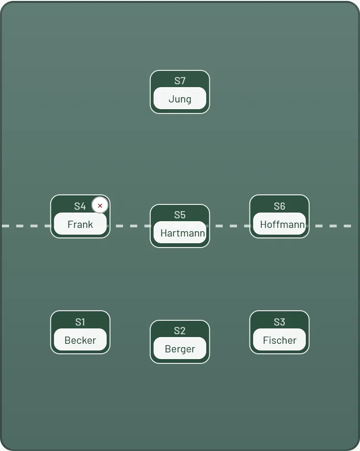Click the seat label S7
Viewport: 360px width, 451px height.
click(x=180, y=81)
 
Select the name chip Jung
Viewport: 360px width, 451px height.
click(x=180, y=98)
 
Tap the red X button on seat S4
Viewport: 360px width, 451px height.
click(x=100, y=205)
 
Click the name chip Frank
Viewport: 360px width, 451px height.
click(x=80, y=224)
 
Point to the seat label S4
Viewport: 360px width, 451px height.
click(x=80, y=206)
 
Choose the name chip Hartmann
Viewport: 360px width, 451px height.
click(x=180, y=232)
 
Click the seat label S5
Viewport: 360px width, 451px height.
click(x=180, y=215)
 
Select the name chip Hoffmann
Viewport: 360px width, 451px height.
click(x=280, y=224)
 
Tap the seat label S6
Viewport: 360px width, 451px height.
click(x=280, y=206)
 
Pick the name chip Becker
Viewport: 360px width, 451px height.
click(x=80, y=340)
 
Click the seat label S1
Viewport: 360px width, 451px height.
click(x=80, y=322)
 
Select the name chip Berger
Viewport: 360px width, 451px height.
click(x=180, y=349)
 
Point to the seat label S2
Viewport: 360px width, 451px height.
click(x=180, y=331)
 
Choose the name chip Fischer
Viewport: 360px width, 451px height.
click(x=280, y=340)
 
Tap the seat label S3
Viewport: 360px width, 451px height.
click(x=280, y=322)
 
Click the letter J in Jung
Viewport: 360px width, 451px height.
click(x=171, y=99)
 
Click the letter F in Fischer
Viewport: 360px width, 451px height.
click(x=266, y=340)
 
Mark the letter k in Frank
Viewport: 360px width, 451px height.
click(x=90, y=224)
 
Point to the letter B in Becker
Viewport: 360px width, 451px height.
click(x=67, y=340)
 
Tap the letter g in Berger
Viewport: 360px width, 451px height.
click(x=184, y=350)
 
